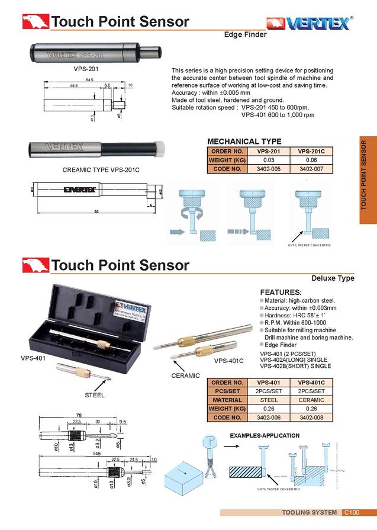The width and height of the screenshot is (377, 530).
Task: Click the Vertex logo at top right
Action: [309, 23]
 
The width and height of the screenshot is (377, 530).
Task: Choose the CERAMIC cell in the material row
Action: [311, 400]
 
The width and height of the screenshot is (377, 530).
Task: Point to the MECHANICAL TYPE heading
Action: [244, 142]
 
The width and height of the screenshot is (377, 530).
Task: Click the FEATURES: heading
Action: [281, 293]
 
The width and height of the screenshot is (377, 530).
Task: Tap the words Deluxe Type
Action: [333, 278]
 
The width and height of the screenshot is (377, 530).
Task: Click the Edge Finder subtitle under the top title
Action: [245, 35]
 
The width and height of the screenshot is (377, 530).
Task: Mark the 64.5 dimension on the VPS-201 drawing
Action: [89, 79]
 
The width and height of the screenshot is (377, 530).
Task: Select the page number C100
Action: [352, 512]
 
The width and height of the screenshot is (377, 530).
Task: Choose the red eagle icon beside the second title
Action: [36, 265]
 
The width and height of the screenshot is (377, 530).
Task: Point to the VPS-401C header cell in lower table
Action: [311, 383]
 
